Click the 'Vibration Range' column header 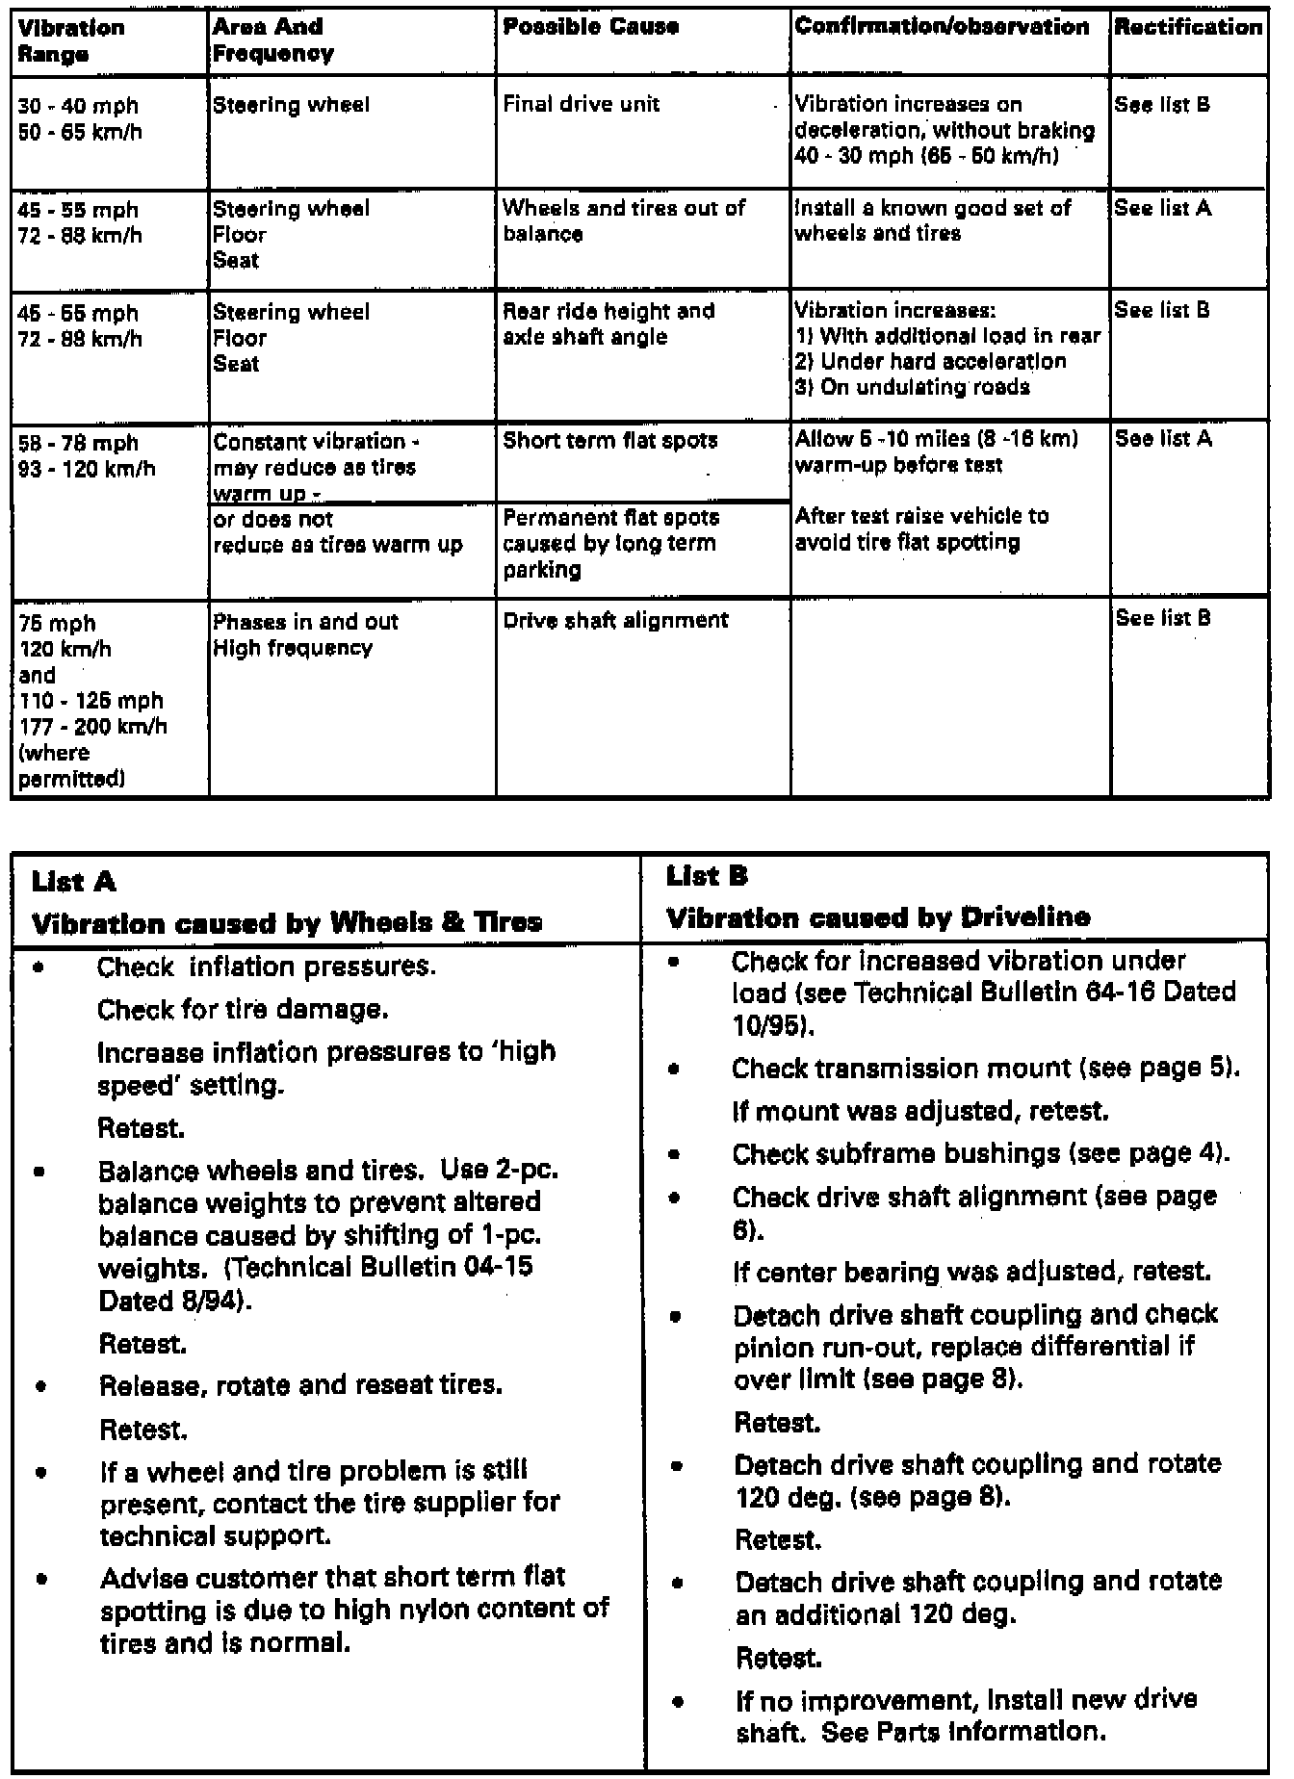(71, 40)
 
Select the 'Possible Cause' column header (590, 27)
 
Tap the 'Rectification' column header (1187, 27)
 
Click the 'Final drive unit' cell (581, 104)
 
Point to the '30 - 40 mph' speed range (78, 106)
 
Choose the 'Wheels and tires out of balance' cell (623, 220)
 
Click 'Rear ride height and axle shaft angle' (608, 324)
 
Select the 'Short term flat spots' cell (610, 442)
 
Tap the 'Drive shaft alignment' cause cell (615, 621)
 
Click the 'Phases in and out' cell (305, 622)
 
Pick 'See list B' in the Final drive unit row (1161, 105)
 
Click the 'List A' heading (73, 882)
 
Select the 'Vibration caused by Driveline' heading (878, 917)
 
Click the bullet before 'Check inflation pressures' (39, 968)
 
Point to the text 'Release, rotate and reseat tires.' (300, 1386)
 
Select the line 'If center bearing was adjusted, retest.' (971, 1273)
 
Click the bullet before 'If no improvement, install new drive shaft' (679, 1702)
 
